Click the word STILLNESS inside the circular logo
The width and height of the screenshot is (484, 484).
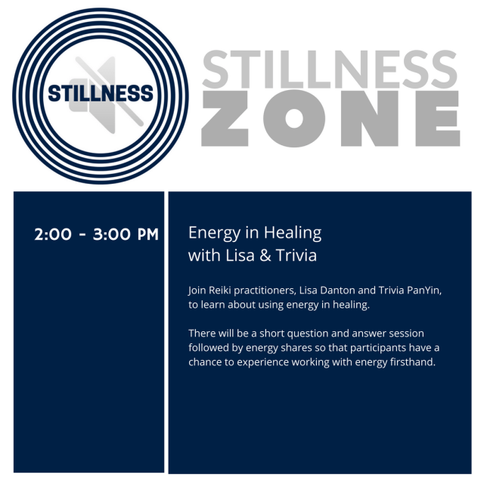(x=101, y=94)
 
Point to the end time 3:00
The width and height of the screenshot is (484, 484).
(x=109, y=234)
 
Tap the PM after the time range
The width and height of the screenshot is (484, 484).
(x=146, y=234)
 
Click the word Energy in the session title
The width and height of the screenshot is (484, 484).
(x=211, y=233)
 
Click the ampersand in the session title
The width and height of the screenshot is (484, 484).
(x=264, y=256)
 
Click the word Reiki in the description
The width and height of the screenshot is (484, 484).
(x=219, y=290)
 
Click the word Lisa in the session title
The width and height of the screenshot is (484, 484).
(x=240, y=256)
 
